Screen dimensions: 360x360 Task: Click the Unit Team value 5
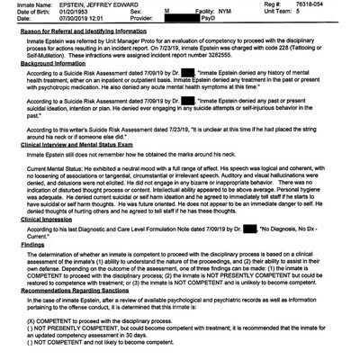point(325,13)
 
